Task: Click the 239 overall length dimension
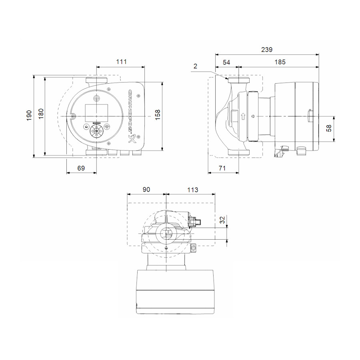(x=266, y=50)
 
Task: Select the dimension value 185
(x=280, y=62)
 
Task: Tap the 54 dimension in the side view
(x=226, y=62)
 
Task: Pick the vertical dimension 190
(x=29, y=116)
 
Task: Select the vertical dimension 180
(x=41, y=116)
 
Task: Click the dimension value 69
(x=81, y=168)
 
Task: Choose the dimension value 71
(x=223, y=168)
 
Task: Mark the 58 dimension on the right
(x=329, y=129)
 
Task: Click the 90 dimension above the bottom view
(x=146, y=190)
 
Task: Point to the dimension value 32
(x=222, y=219)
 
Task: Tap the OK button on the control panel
(x=96, y=130)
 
